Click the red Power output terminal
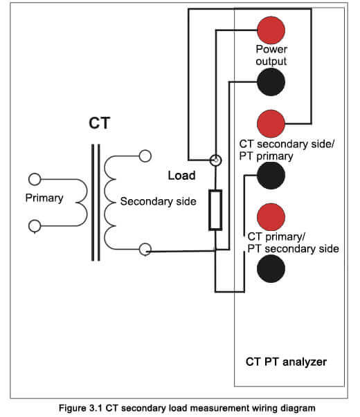[271, 30]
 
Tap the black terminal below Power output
[271, 82]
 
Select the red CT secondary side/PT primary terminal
[271, 124]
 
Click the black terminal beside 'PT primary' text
[271, 176]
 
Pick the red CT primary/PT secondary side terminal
[271, 217]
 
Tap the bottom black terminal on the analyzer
[271, 268]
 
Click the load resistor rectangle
[215, 210]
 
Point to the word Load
[181, 176]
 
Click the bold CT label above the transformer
[99, 123]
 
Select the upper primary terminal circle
[35, 179]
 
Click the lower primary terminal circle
[35, 226]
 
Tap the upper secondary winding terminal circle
[145, 156]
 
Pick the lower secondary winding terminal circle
[145, 250]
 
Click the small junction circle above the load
[215, 160]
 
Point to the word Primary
[44, 198]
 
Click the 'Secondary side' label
[158, 201]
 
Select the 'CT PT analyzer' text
[286, 362]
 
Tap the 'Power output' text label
[271, 55]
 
